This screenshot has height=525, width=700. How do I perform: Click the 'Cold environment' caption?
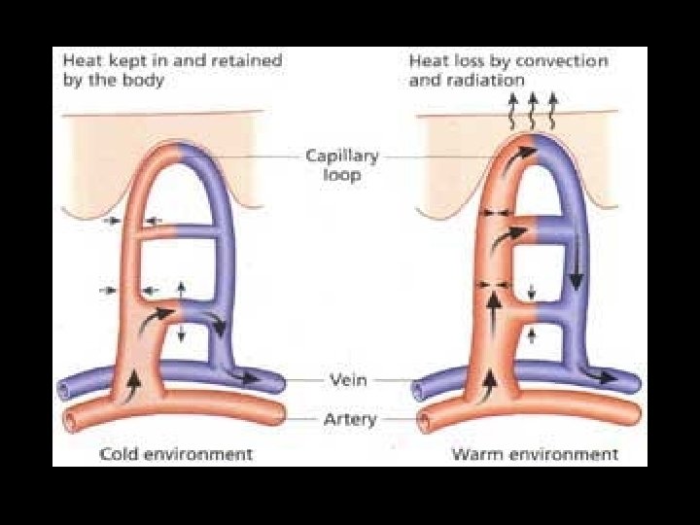(x=177, y=454)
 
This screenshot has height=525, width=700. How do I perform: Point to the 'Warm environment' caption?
(x=534, y=454)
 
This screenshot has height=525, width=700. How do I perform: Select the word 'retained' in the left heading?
(x=249, y=60)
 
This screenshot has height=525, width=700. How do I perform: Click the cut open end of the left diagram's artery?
(x=70, y=420)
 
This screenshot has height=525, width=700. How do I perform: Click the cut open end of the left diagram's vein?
(x=64, y=389)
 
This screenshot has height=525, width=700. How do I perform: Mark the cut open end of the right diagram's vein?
(x=419, y=390)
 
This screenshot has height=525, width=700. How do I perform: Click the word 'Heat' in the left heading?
(x=79, y=60)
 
